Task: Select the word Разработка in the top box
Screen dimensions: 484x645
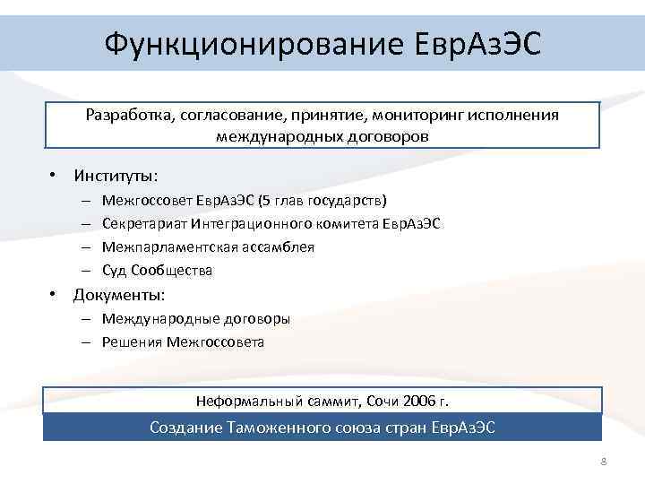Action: (129, 116)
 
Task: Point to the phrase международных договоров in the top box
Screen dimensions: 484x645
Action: (322, 136)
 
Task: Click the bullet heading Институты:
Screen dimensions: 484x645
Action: (116, 173)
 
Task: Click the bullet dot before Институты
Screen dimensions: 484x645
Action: (55, 173)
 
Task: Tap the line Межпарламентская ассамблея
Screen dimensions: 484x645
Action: (209, 246)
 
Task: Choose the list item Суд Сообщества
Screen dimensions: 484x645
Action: (158, 270)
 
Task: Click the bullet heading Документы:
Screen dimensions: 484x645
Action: (119, 294)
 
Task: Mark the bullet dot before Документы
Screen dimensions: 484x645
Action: (55, 294)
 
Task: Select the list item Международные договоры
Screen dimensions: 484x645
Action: (196, 318)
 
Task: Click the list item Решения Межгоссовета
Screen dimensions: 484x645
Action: (184, 341)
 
